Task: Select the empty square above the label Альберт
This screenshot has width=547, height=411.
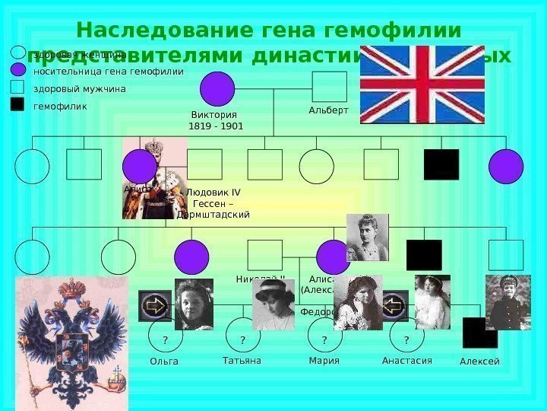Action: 329,87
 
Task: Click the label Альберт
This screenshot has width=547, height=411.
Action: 328,110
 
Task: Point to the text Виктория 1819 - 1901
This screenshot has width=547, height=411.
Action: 217,120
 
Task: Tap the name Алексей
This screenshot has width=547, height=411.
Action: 479,362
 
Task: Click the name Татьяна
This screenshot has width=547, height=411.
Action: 242,361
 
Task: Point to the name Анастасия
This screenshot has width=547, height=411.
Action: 406,361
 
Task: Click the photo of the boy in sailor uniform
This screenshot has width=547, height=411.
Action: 507,301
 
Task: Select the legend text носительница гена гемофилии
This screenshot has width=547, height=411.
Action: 109,72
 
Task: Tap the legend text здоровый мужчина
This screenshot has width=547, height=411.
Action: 80,89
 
